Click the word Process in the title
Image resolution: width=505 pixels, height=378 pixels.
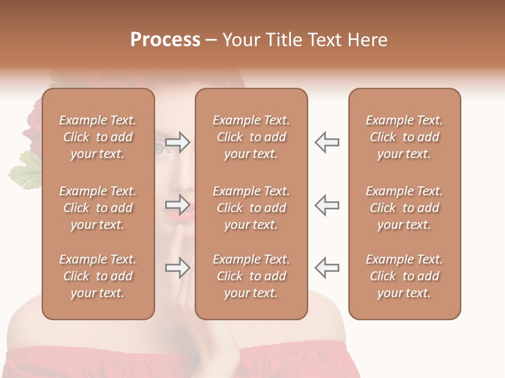coord(165,40)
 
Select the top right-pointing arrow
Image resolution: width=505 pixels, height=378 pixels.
coord(178,142)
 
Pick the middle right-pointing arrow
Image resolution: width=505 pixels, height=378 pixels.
coord(178,205)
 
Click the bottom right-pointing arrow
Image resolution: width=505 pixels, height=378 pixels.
coord(178,268)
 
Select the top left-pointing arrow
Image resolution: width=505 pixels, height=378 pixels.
coord(327,142)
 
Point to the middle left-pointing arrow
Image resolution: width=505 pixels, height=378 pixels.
coord(327,205)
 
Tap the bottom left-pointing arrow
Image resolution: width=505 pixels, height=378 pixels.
coord(327,268)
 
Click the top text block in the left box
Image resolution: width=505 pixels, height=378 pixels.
coord(98,137)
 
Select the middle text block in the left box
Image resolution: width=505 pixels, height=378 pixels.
coord(98,208)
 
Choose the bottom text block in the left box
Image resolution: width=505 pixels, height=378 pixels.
coord(98,276)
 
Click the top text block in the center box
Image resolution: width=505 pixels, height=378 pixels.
coord(251,137)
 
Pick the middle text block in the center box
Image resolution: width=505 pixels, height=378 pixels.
coord(251,208)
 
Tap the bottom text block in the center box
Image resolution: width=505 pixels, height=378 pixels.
coord(251,276)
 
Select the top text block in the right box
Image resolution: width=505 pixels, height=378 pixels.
coord(405,137)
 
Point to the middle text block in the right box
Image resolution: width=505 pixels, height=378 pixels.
coord(405,208)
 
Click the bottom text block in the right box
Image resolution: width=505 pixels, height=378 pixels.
coord(405,276)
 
